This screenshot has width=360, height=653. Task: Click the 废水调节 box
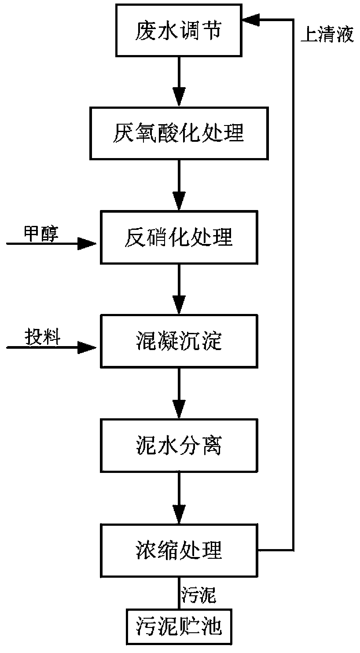click(x=179, y=30)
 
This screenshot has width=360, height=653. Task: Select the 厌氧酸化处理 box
click(x=179, y=133)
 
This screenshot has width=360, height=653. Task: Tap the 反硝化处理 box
click(x=179, y=237)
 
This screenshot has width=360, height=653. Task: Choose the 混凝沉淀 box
click(x=179, y=341)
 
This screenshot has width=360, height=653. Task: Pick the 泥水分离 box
click(x=179, y=446)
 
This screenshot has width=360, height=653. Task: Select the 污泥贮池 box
click(x=179, y=627)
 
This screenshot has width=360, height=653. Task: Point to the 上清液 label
click(x=327, y=34)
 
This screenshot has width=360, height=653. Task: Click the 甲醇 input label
click(x=41, y=234)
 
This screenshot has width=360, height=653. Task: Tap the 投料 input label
click(x=42, y=337)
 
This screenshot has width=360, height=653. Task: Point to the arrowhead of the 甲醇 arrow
click(x=87, y=243)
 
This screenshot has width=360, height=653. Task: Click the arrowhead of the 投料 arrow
click(x=87, y=347)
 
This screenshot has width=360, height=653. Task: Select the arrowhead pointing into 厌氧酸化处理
click(x=179, y=96)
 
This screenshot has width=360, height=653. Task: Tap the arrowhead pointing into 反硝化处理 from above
click(x=179, y=201)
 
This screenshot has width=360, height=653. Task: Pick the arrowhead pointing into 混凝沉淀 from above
click(x=179, y=305)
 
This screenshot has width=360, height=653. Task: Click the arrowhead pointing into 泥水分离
click(x=179, y=409)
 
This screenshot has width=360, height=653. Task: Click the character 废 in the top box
click(x=145, y=30)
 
